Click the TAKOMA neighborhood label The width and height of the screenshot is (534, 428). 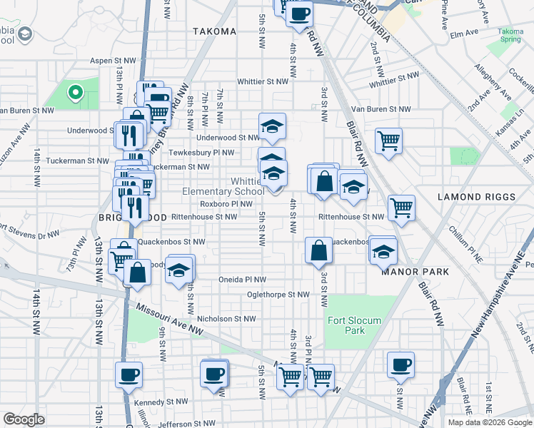214,31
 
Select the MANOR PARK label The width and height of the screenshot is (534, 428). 415,272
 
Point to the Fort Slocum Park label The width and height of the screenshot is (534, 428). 346,325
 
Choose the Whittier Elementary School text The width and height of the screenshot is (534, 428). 223,186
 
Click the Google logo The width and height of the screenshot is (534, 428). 24,419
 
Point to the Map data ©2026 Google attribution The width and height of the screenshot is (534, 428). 490,422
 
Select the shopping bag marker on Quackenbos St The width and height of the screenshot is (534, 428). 318,250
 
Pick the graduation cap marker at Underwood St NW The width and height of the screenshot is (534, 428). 271,126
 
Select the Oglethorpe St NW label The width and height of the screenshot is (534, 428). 278,294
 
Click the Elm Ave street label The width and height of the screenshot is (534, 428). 463,34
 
